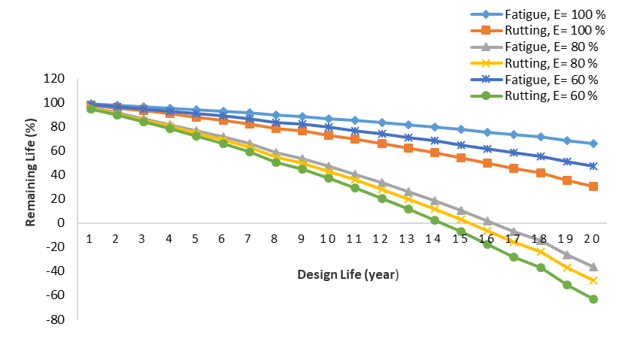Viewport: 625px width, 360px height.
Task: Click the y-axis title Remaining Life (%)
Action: (x=32, y=174)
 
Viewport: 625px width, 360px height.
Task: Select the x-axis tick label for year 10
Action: (x=328, y=238)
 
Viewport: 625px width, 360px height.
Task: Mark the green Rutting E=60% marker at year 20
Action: (x=593, y=299)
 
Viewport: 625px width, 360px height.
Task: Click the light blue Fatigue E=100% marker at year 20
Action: (x=593, y=144)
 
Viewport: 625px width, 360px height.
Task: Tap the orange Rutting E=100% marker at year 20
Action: (x=593, y=186)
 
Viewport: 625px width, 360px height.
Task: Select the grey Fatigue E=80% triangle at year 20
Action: (x=593, y=266)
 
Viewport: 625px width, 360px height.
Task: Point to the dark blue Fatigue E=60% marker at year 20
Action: (x=593, y=166)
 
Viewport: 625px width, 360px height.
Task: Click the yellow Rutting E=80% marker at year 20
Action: (x=593, y=280)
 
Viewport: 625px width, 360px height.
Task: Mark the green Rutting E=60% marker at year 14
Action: (x=435, y=220)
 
